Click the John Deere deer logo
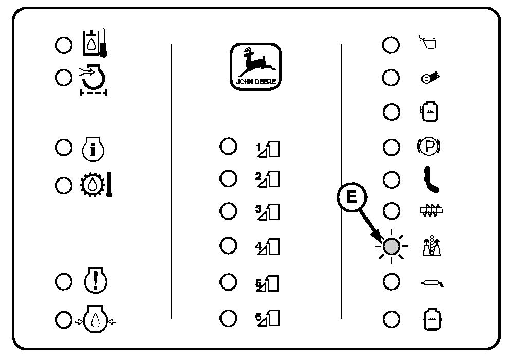click(255, 66)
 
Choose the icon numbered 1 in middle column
click(268, 149)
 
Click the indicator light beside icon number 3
click(228, 211)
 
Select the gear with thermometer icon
click(96, 185)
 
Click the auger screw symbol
click(430, 210)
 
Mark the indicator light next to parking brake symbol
click(392, 148)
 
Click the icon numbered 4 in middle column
click(268, 247)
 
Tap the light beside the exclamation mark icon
click(64, 282)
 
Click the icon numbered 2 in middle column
click(268, 178)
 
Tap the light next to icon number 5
click(228, 281)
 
